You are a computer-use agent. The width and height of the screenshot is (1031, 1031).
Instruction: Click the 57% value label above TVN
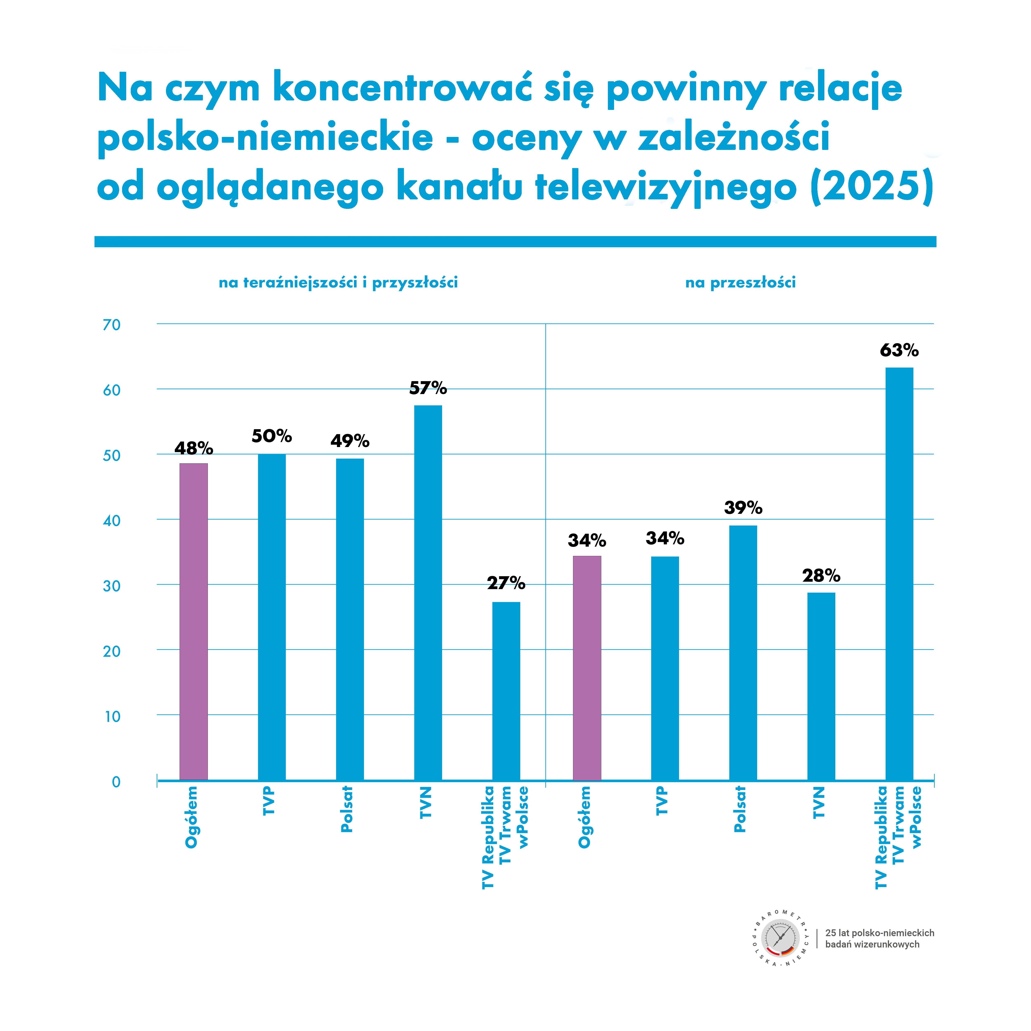click(x=428, y=388)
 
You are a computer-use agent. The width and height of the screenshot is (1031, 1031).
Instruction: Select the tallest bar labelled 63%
click(x=899, y=574)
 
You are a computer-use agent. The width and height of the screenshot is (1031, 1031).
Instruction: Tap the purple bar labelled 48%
click(x=194, y=622)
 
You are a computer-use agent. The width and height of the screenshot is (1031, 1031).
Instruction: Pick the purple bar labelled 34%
click(x=587, y=668)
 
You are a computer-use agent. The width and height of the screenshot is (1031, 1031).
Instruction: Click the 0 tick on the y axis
click(x=116, y=782)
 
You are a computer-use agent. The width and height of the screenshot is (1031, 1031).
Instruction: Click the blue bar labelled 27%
click(x=506, y=691)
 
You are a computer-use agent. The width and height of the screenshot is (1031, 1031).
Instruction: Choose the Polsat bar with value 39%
click(x=743, y=653)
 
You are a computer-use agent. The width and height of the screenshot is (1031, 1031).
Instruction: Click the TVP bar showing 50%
click(x=272, y=617)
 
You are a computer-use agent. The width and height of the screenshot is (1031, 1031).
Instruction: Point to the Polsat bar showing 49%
click(x=350, y=620)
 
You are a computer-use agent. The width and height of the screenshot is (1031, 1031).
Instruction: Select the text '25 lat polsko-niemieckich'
click(x=879, y=933)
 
